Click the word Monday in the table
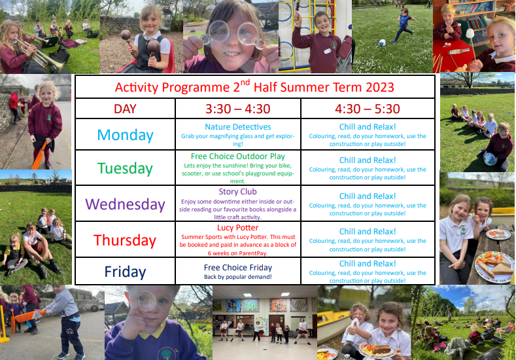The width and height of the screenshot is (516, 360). point(126,135)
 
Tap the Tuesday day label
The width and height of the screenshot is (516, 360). point(125,168)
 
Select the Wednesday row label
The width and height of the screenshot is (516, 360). point(125,204)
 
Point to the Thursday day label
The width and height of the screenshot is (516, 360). point(125,240)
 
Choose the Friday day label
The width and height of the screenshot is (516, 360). point(125,272)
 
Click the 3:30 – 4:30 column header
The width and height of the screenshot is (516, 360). point(238,109)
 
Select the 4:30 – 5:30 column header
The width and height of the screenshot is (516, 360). point(368,109)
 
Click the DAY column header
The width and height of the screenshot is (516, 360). point(125,109)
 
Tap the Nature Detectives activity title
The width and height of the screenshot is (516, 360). point(238,127)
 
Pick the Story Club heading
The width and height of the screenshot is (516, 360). point(237,192)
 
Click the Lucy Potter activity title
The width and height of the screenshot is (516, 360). point(237,228)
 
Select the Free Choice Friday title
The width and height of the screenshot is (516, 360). point(238,268)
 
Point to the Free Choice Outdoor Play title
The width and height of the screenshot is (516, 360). point(238,156)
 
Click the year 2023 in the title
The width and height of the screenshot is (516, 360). point(379,87)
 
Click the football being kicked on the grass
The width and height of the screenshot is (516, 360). point(382,43)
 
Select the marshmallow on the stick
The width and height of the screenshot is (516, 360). point(470,33)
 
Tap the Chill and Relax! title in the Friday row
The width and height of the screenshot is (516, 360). point(368,264)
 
